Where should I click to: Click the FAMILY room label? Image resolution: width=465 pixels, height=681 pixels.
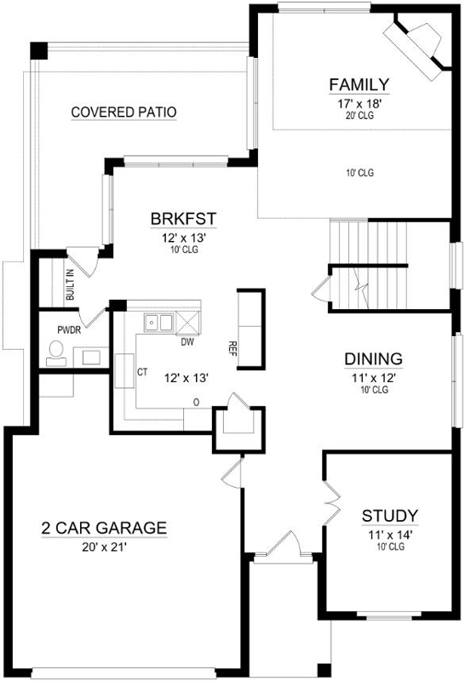[x=359, y=84]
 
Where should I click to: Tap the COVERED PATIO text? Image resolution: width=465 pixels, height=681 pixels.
[x=123, y=112]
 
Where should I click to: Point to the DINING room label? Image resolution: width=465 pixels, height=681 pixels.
[x=373, y=358]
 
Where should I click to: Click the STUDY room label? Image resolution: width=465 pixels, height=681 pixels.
[x=389, y=515]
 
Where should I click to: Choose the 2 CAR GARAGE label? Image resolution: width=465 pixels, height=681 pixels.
[x=104, y=528]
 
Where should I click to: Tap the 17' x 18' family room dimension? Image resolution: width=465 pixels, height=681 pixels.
[x=359, y=103]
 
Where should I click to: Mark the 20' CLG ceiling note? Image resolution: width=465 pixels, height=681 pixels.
[x=359, y=116]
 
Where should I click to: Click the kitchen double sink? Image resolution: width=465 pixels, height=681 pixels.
[x=158, y=323]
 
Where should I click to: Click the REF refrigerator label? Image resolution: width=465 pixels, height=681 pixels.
[x=232, y=347]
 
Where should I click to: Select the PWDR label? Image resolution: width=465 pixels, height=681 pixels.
[x=67, y=329]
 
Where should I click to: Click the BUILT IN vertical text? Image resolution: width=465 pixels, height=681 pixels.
[x=70, y=285]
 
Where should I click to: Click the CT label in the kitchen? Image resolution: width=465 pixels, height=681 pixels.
[x=143, y=373]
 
